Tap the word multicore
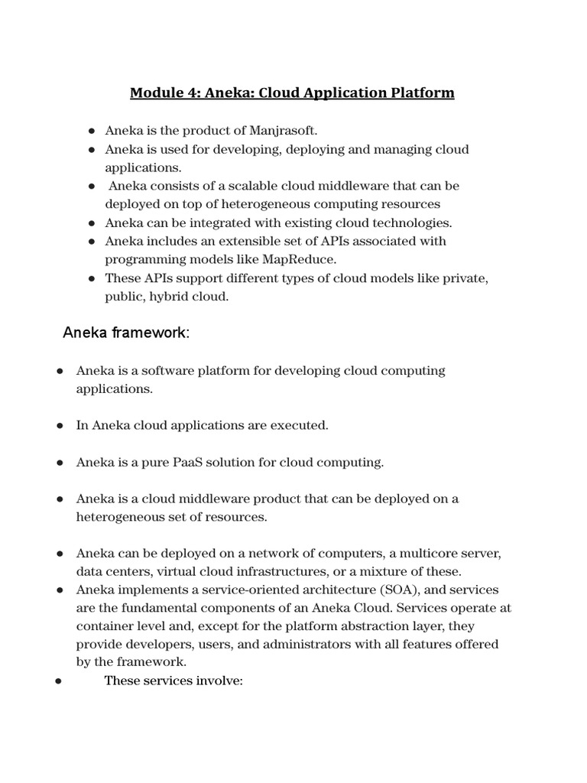tap(418, 553)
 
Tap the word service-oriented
tap(248, 590)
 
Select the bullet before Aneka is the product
tap(91, 132)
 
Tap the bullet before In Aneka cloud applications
tap(59, 426)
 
